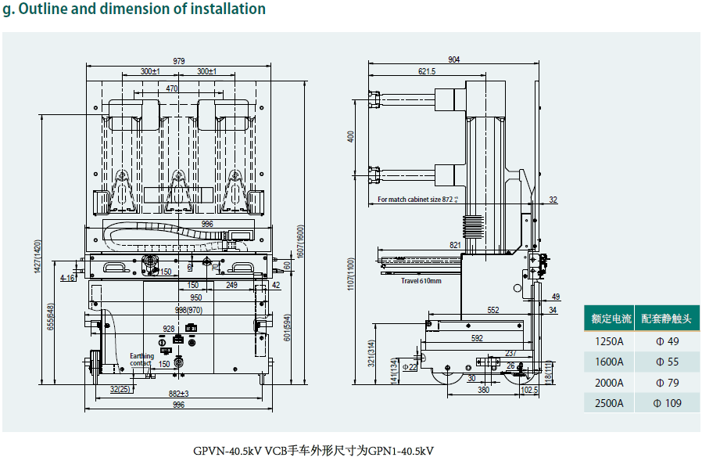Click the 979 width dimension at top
click(179, 61)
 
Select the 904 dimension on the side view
click(454, 60)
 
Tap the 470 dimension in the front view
click(173, 88)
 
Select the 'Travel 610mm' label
click(421, 280)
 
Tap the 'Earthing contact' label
click(141, 360)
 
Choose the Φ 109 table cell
click(667, 403)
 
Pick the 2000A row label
click(609, 383)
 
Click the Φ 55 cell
click(667, 362)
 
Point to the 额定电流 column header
click(611, 319)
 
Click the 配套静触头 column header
click(667, 319)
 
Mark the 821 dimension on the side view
click(455, 245)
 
